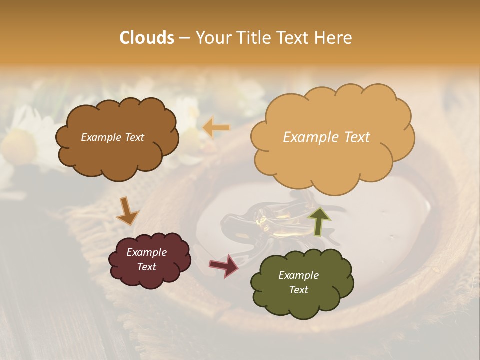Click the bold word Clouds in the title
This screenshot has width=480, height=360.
click(x=147, y=38)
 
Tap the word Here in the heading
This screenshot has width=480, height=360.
click(x=334, y=38)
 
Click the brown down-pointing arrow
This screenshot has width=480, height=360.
click(x=127, y=211)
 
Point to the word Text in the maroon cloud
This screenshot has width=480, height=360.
click(x=147, y=267)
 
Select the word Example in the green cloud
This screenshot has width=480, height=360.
click(x=298, y=275)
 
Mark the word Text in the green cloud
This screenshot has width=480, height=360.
click(x=298, y=290)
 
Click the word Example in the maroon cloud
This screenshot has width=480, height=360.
click(x=147, y=252)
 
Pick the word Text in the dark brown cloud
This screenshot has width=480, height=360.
click(x=134, y=137)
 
